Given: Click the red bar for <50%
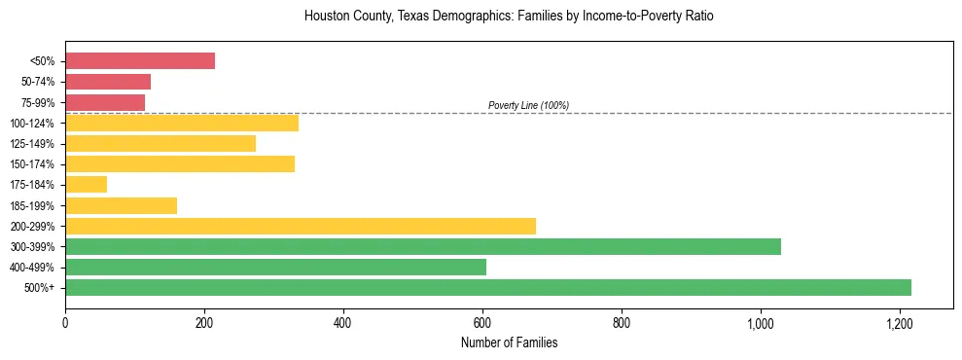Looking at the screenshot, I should [x=140, y=60].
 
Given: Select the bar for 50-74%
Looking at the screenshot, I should [x=108, y=82].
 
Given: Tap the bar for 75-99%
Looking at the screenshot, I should [x=105, y=102].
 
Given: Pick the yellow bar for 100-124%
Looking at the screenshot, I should [x=182, y=123].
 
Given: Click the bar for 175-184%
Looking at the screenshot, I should [x=86, y=184].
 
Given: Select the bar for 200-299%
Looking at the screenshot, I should [x=301, y=226].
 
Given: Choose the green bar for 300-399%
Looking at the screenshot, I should [x=423, y=246].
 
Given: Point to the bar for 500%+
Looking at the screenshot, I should [x=488, y=287].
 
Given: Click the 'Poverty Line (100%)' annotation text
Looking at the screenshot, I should [x=528, y=105].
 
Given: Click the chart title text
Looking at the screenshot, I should [x=509, y=17].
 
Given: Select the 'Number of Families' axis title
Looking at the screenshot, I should [x=509, y=342].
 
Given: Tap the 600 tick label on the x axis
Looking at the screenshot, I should [x=482, y=322].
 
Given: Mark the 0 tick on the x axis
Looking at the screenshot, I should [x=65, y=322].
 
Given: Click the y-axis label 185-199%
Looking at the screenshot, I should [x=32, y=205].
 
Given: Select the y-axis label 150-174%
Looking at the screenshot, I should [x=32, y=164].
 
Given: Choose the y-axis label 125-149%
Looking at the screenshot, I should [x=32, y=144].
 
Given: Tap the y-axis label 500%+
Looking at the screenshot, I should [x=38, y=288].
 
